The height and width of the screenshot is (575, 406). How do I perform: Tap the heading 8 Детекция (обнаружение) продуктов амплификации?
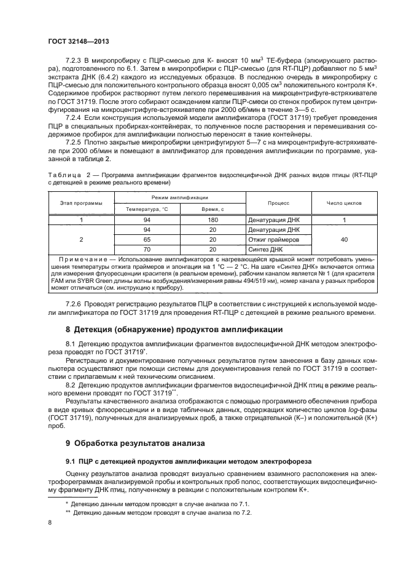[x=174, y=330]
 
